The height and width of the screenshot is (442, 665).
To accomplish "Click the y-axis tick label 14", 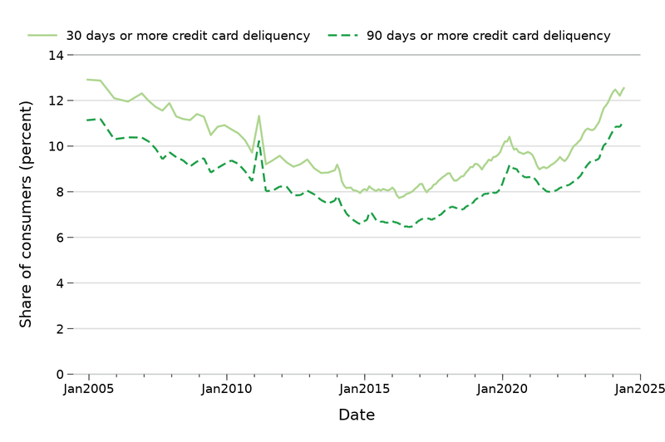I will tap(56, 56).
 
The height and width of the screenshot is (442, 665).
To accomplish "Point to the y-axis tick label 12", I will tap(56, 101).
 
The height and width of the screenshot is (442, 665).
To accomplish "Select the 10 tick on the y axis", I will tap(56, 147).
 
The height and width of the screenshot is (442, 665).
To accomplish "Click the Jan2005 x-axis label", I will tap(88, 388).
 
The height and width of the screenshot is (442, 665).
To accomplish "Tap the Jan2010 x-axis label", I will tap(226, 388).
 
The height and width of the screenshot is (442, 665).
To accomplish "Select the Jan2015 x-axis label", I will tap(364, 388).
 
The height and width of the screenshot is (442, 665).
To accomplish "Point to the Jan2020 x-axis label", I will tap(502, 388).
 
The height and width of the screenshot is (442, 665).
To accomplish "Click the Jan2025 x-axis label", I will tap(639, 388).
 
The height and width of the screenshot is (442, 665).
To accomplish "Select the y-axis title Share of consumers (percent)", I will tap(27, 214).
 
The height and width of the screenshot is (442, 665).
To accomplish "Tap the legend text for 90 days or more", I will tap(488, 37).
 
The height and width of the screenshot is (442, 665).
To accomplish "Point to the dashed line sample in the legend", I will tap(343, 36).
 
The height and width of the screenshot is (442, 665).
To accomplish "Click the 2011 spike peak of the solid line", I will tap(259, 115).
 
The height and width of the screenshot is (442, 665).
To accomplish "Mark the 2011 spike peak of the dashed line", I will tap(259, 141).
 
